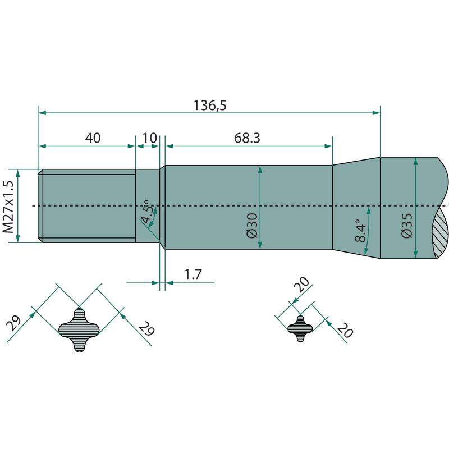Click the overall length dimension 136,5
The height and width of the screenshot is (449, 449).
coord(210,106)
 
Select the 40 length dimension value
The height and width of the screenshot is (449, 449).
coord(93,138)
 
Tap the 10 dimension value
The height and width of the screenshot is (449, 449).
coord(149,138)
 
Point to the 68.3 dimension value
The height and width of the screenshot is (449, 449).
coord(247,138)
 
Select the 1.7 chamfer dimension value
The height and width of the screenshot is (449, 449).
coord(193,274)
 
